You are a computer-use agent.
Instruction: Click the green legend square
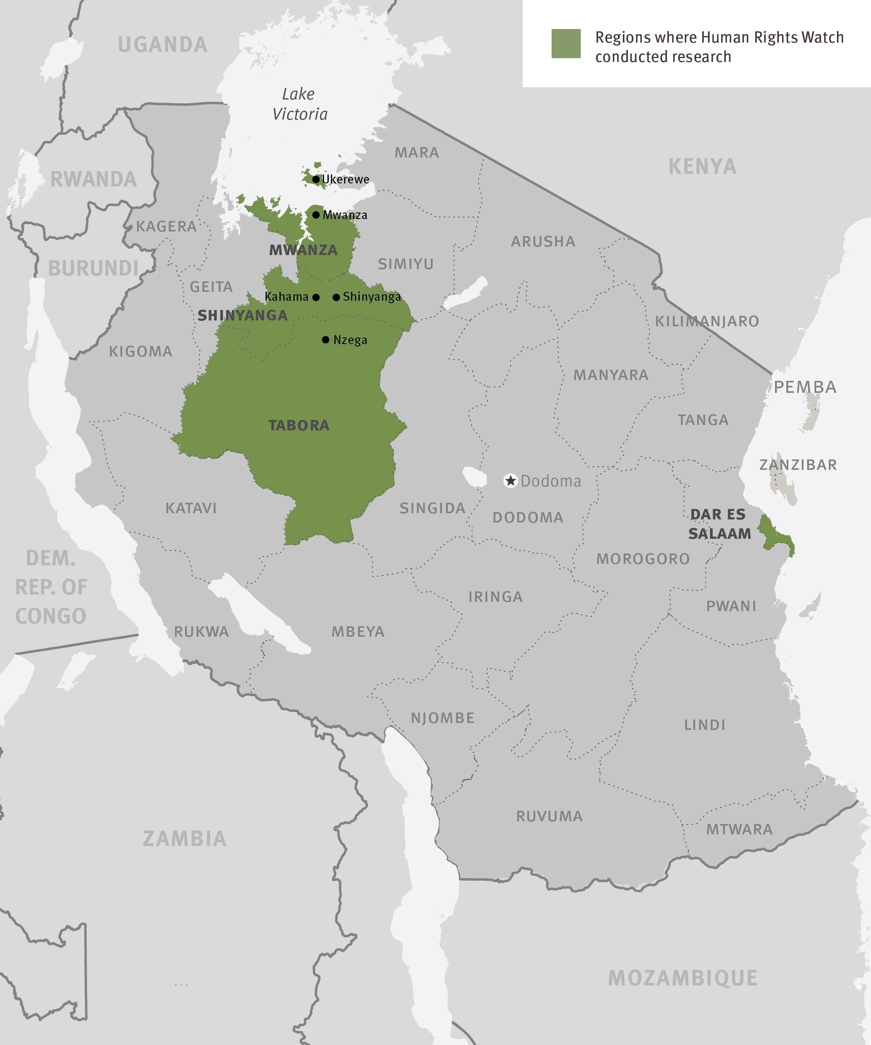point(566,43)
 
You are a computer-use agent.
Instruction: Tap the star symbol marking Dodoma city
point(510,481)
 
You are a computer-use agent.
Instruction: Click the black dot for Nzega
point(326,340)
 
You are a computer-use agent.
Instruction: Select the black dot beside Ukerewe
point(315,179)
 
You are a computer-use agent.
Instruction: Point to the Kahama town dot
point(315,297)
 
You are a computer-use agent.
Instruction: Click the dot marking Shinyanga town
point(336,297)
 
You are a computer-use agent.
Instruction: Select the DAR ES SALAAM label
point(719,524)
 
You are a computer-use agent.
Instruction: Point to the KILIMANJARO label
point(707,321)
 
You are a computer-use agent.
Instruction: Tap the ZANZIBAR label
point(797,465)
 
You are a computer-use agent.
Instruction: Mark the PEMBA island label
point(805,387)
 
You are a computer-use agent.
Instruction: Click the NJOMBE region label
point(442,718)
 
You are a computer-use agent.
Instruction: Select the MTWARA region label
point(739,829)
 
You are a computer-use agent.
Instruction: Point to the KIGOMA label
point(141,351)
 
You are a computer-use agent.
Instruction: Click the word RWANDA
point(94,180)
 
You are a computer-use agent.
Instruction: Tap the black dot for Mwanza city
point(315,215)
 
